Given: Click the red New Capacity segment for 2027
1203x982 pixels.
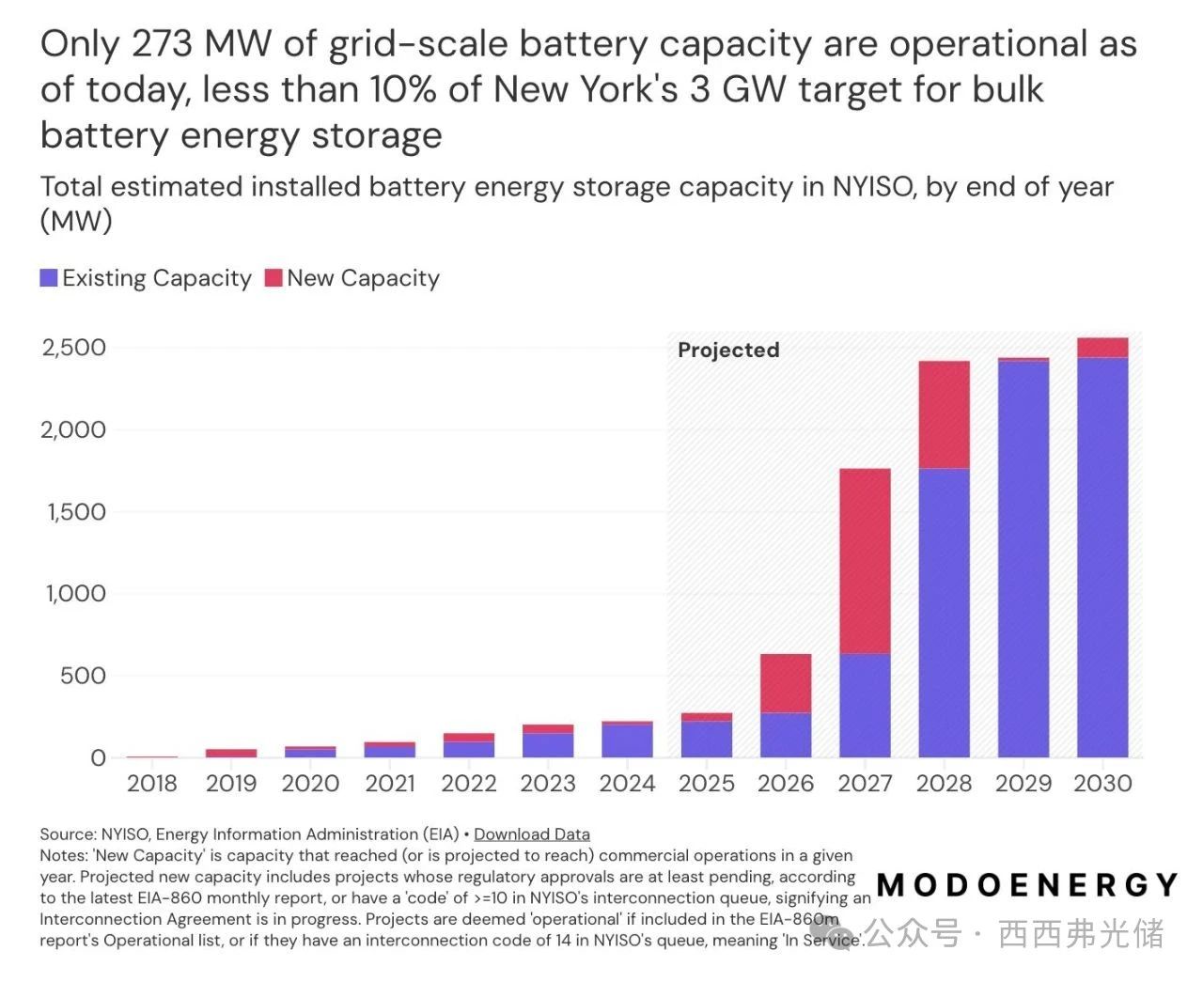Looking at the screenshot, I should pos(865,561).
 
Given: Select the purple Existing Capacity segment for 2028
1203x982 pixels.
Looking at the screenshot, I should pos(944,613).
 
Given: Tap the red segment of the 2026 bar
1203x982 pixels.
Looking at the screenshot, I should pos(786,683).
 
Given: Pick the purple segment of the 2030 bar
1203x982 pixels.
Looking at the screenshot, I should pos(1102,557).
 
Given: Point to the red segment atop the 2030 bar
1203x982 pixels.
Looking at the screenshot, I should pos(1102,348).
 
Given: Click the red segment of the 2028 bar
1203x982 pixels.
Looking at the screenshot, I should pos(944,414).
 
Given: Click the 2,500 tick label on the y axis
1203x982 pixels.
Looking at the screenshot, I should pos(74,348).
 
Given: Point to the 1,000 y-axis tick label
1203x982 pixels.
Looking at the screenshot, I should pos(76,594).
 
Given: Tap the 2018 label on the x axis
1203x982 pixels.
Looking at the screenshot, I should pos(151,784).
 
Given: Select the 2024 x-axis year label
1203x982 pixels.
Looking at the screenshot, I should pos(627,784).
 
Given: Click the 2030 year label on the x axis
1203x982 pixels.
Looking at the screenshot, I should pos(1102,784).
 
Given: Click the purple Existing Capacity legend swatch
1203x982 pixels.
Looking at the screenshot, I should pos(49,278).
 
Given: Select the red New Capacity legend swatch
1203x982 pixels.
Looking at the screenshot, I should pos(273,278).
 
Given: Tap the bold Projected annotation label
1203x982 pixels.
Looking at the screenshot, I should pos(728,351).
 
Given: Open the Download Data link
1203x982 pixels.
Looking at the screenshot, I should pos(532,834).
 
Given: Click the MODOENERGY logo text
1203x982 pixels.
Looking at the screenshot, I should pos(1027,885).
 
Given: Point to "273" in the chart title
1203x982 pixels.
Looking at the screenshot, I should pos(163,44).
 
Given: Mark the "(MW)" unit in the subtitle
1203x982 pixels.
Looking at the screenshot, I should pos(76,221).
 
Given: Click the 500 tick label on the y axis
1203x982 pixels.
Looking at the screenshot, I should pos(83,676).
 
